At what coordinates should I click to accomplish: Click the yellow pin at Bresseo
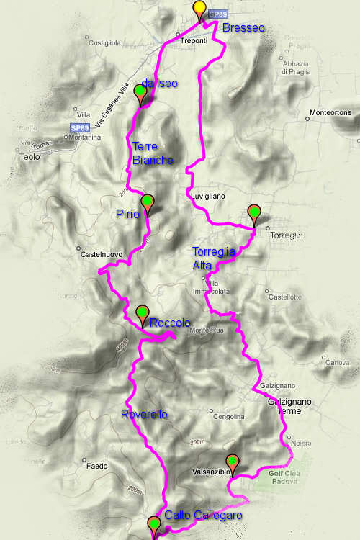[x=200, y=9]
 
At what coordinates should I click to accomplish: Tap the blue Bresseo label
[x=243, y=28]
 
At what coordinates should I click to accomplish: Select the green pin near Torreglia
[x=254, y=212]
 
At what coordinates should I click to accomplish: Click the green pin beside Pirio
[x=148, y=202]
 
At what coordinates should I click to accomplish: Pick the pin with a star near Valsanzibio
[x=233, y=462]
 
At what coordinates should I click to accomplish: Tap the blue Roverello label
[x=144, y=414]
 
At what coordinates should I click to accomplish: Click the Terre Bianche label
[x=153, y=153]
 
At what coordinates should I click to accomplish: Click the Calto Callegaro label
[x=202, y=516]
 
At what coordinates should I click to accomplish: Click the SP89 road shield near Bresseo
[x=218, y=14]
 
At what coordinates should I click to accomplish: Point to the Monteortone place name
[x=330, y=112]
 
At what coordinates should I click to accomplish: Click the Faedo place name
[x=97, y=466]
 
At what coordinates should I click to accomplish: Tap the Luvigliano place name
[x=209, y=195]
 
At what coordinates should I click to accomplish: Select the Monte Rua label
[x=204, y=330]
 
